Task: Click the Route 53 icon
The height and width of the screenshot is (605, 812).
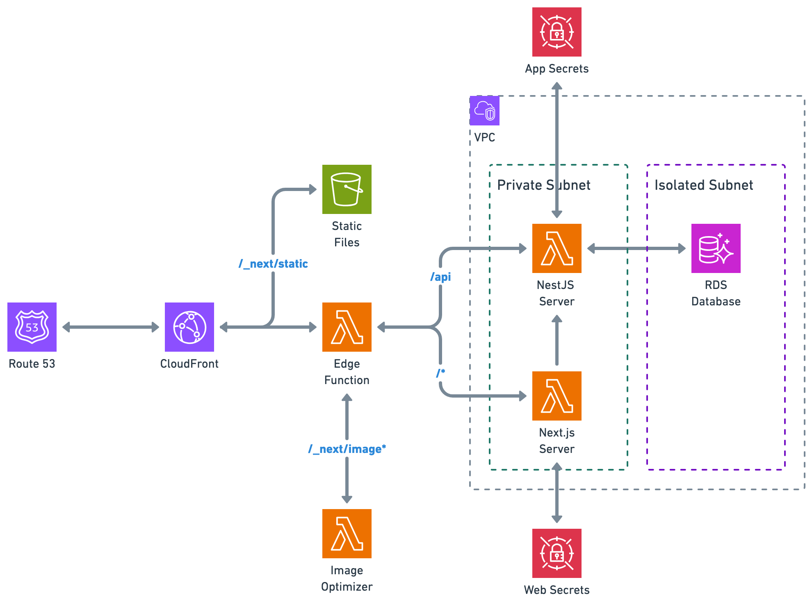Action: tap(32, 327)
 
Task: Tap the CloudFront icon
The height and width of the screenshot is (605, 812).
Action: tap(189, 327)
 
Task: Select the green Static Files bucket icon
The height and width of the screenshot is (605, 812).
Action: tap(347, 189)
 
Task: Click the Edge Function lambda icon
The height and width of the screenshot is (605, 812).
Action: tap(347, 327)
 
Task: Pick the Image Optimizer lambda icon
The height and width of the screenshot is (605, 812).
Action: tap(347, 534)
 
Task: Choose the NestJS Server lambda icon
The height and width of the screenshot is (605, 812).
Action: tap(557, 248)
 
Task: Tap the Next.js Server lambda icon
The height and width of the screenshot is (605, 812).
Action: tap(557, 396)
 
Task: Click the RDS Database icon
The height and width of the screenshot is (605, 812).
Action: tap(716, 248)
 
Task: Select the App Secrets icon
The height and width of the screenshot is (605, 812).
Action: tap(557, 32)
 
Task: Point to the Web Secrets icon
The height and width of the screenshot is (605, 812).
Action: tap(557, 553)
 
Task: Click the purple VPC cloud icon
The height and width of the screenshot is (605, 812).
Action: tap(484, 111)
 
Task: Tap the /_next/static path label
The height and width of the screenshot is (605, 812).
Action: tap(273, 264)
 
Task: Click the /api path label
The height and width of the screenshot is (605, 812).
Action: tap(440, 277)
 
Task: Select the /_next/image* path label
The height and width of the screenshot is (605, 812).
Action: tap(347, 449)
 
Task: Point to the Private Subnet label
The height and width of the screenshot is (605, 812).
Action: tap(544, 185)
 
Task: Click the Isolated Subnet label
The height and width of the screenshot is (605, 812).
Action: tap(704, 185)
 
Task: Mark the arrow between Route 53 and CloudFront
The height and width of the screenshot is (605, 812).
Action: tap(111, 327)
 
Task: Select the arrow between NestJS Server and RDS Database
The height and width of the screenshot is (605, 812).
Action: tap(636, 248)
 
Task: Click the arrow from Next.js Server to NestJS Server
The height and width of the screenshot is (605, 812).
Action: tap(557, 340)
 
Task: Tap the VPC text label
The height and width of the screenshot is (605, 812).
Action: tap(484, 137)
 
